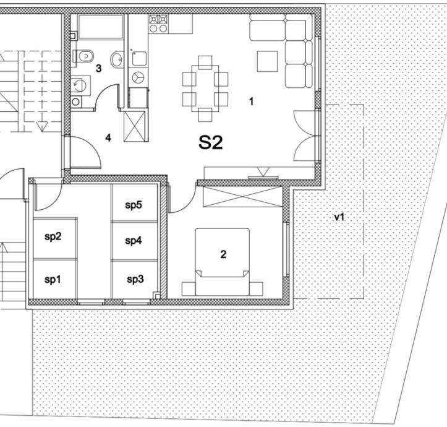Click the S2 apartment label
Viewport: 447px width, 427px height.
pyautogui.click(x=210, y=143)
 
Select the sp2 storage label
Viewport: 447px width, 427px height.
pyautogui.click(x=53, y=236)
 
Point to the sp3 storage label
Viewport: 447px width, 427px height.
pyautogui.click(x=135, y=279)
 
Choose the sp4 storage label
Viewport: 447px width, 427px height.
pyautogui.click(x=134, y=240)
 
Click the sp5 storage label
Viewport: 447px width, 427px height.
pyautogui.click(x=134, y=205)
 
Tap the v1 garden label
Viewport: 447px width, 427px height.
pyautogui.click(x=339, y=217)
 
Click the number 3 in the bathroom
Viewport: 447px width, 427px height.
pyautogui.click(x=98, y=68)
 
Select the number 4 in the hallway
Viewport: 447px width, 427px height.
pyautogui.click(x=108, y=137)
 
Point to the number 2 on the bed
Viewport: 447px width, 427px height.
pyautogui.click(x=223, y=254)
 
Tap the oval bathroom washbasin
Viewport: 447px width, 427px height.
pyautogui.click(x=116, y=60)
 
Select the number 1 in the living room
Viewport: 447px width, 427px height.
pyautogui.click(x=251, y=101)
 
